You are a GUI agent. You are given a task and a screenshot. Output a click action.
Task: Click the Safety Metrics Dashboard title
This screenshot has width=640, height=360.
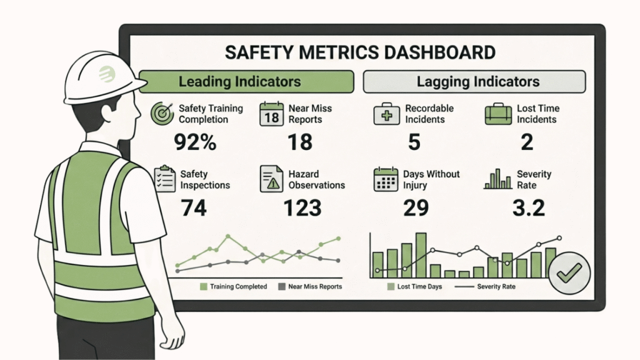(x=360, y=52)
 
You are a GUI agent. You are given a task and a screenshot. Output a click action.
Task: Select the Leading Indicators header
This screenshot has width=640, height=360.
(x=239, y=81)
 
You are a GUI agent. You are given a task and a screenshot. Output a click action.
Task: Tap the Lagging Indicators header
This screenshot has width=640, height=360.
(x=477, y=81)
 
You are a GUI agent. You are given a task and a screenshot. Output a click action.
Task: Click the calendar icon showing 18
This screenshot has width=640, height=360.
(x=272, y=114)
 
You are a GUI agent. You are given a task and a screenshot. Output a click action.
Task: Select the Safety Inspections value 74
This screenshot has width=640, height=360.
(x=194, y=208)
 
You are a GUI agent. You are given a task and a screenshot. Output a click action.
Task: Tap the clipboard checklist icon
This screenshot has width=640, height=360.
(x=164, y=179)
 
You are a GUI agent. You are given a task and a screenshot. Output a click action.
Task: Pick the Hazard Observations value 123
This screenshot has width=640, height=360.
(x=303, y=208)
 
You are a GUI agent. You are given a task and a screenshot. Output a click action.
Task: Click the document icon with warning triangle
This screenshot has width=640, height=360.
(x=272, y=179)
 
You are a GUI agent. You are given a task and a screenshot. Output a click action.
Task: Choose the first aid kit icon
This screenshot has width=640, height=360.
(x=386, y=114)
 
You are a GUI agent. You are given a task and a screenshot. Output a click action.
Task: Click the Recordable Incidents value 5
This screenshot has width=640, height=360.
(x=414, y=142)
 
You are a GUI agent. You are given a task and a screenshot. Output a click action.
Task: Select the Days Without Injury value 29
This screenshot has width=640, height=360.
(x=415, y=208)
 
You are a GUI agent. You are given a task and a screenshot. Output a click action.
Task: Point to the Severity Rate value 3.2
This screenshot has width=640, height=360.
(x=529, y=208)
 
